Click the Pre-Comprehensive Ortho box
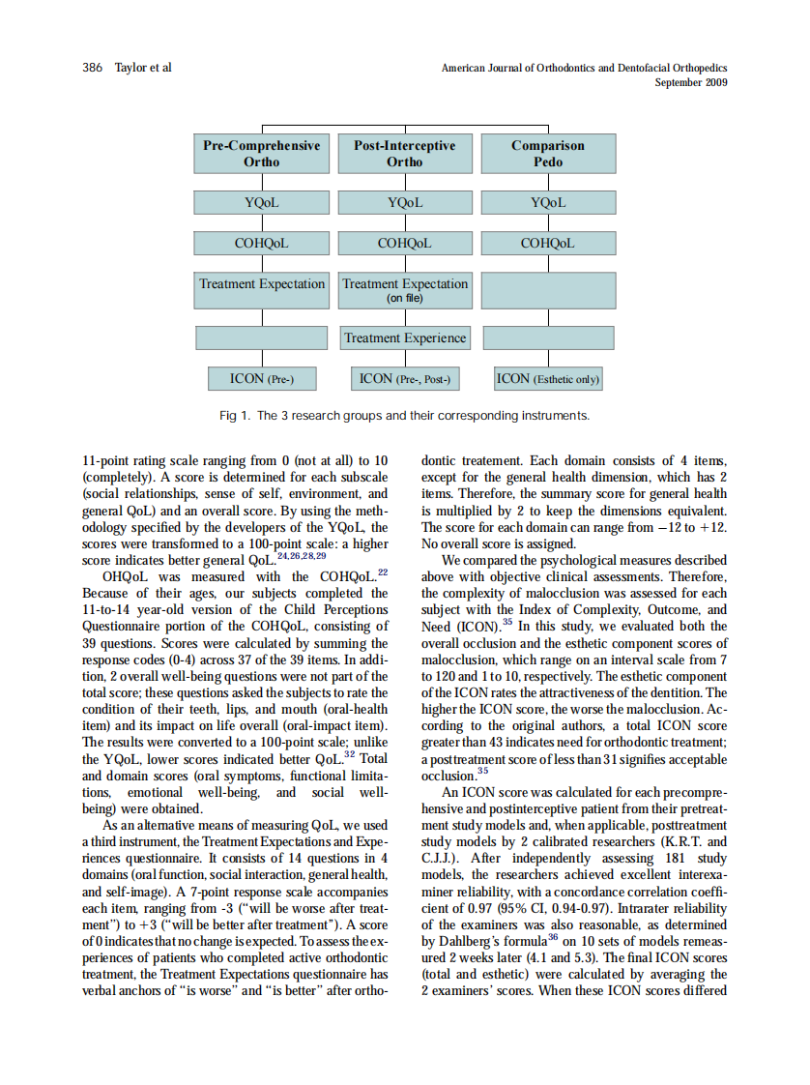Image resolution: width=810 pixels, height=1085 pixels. (261, 154)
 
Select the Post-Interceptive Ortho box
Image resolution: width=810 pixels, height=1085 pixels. (404, 154)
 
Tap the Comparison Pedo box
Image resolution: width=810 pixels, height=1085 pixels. (548, 154)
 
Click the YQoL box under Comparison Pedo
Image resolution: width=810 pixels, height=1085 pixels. (548, 203)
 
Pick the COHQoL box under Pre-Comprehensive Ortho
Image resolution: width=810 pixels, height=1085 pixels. (261, 244)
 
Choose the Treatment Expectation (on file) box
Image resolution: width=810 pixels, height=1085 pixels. (404, 290)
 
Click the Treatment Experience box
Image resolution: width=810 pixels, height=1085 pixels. (404, 338)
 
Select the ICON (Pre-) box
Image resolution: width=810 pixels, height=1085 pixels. (261, 379)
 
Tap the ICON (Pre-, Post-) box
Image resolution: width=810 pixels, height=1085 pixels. (404, 379)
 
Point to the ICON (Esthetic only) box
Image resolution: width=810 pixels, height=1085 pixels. (548, 379)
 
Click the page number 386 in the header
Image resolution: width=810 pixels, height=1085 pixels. (93, 68)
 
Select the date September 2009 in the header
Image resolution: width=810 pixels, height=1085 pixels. (690, 82)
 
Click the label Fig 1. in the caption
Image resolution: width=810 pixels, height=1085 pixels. (236, 416)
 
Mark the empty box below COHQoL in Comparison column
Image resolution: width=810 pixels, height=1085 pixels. (548, 290)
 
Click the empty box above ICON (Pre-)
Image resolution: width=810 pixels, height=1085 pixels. (261, 338)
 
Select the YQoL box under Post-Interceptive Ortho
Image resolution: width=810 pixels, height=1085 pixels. (404, 203)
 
